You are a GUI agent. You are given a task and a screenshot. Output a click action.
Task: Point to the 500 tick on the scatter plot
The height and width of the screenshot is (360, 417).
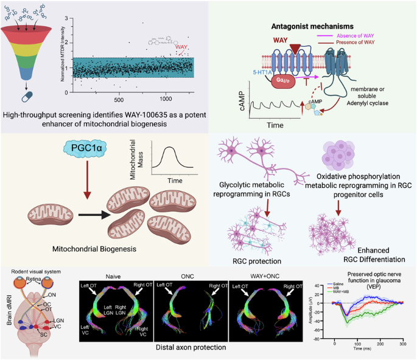(119, 99)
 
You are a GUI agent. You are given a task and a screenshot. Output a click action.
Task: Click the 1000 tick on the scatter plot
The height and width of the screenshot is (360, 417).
(166, 99)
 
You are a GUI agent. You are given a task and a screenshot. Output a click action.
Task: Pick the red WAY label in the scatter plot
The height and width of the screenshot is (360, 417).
(181, 46)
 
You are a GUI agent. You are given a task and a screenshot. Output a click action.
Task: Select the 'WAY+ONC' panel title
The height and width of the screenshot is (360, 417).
(264, 275)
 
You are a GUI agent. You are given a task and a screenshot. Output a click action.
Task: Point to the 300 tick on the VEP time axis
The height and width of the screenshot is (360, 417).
(403, 344)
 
